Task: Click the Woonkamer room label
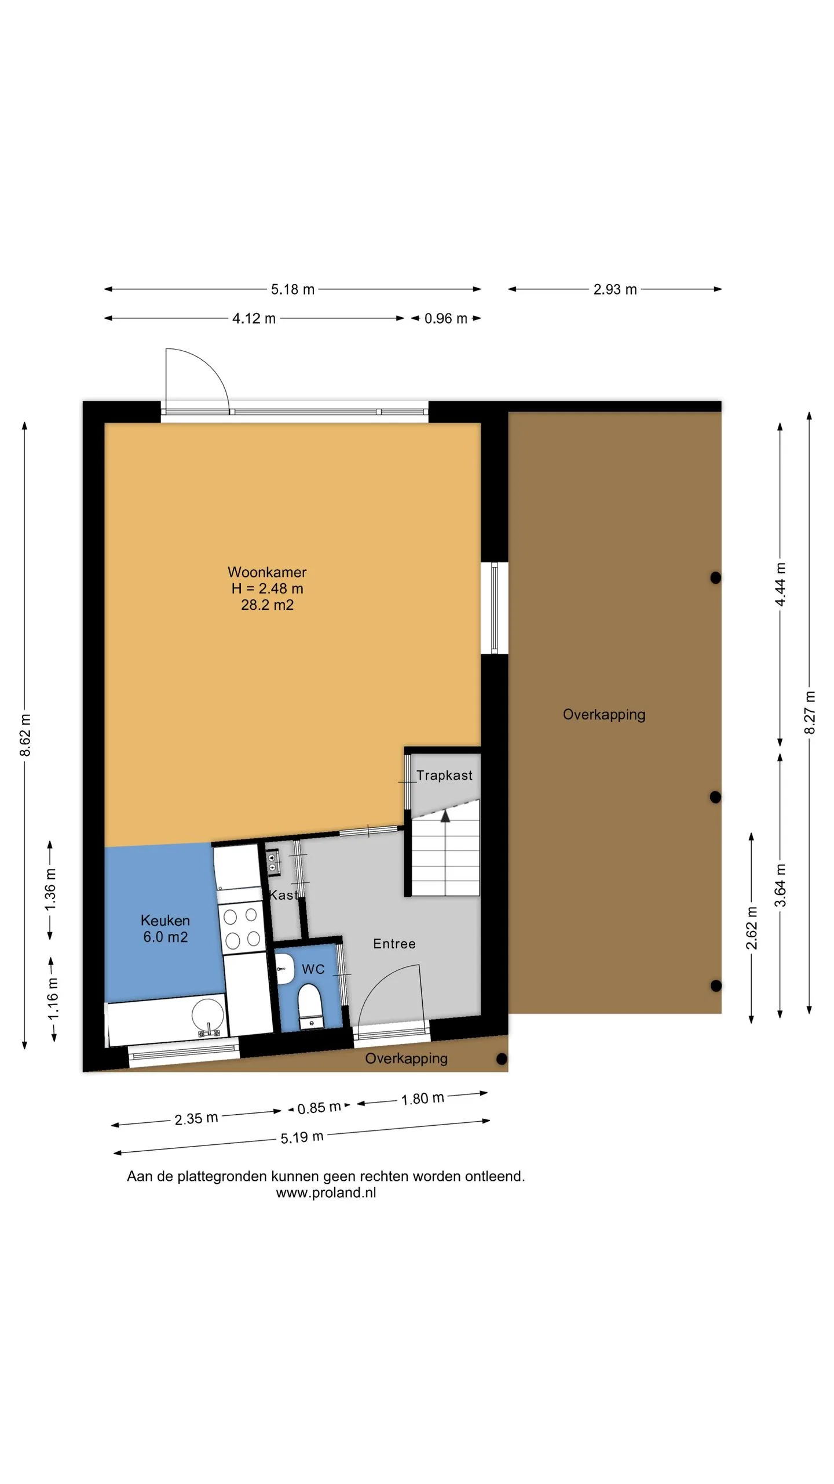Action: point(267,572)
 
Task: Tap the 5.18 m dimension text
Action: point(292,289)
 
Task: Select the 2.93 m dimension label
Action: point(615,289)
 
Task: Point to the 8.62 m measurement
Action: point(25,735)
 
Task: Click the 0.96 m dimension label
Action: point(446,318)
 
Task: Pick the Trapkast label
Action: point(444,775)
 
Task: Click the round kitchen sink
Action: point(208,1016)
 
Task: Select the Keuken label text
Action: point(165,921)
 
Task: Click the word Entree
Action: point(394,944)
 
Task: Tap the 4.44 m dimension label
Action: point(780,584)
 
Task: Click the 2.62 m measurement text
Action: point(751,928)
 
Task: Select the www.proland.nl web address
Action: point(326,1192)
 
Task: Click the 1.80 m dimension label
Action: point(423,1098)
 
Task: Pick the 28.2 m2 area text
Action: point(267,605)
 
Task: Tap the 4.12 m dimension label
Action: point(254,318)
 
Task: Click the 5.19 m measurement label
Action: point(302,1137)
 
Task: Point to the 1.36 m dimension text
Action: point(50,889)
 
